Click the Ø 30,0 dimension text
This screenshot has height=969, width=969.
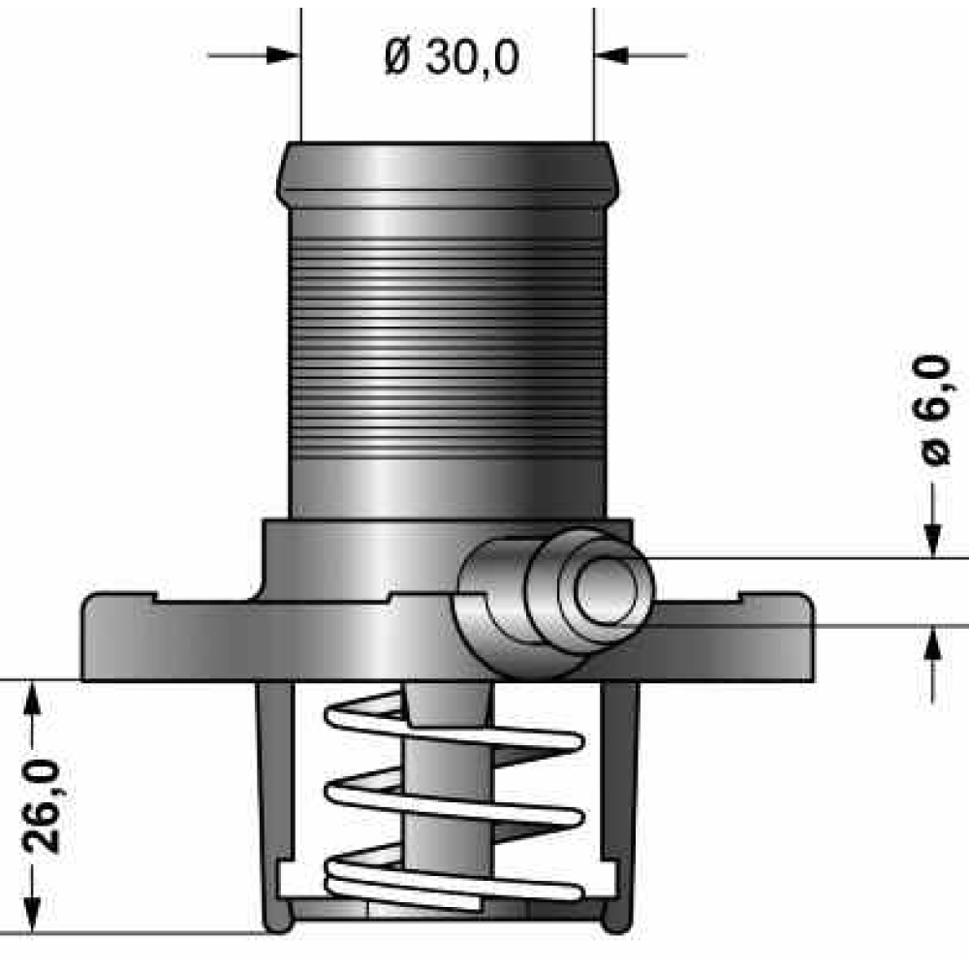[452, 57]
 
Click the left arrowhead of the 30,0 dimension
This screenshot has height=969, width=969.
[283, 55]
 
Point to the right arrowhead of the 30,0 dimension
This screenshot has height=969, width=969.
[610, 55]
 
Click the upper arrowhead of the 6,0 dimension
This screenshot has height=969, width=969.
[933, 540]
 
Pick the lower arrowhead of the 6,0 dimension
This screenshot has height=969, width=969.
[933, 643]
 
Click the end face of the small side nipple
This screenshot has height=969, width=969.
[605, 591]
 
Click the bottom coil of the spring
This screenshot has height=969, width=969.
[454, 884]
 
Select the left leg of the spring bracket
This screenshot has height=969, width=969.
[276, 803]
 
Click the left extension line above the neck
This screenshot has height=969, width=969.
[301, 75]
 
